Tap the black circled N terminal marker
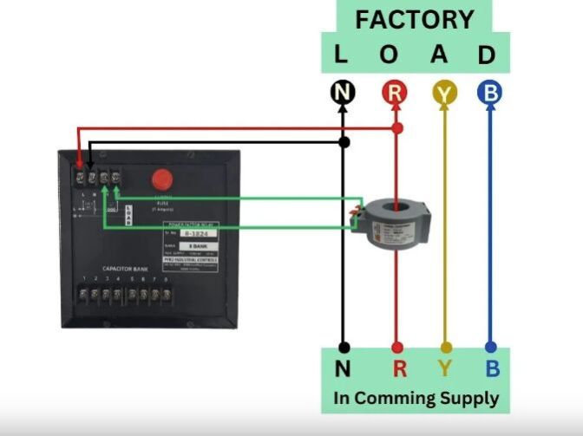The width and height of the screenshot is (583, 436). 343,93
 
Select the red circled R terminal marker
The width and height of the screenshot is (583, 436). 395,93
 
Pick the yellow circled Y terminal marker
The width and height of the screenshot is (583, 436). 445,93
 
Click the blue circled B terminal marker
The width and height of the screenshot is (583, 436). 489,93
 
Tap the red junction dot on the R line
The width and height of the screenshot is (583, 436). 396,128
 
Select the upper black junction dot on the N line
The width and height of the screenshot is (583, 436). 344,141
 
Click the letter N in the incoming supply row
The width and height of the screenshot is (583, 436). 343,368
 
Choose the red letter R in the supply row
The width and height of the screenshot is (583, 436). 399,368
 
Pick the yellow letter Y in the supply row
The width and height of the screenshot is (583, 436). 445,368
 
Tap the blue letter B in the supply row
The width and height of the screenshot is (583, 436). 492,368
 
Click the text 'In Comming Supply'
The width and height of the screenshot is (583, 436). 416,399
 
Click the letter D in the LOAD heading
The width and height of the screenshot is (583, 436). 487,55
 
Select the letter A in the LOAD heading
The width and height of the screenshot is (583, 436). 440,55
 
